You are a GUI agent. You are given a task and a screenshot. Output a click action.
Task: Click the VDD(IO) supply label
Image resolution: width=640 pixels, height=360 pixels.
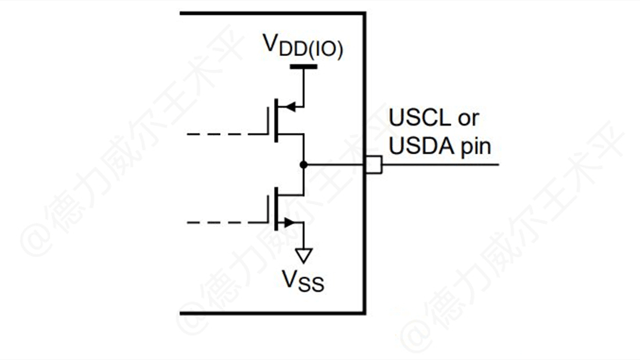(303, 48)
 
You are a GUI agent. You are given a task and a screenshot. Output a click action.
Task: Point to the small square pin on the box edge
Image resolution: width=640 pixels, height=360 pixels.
(373, 164)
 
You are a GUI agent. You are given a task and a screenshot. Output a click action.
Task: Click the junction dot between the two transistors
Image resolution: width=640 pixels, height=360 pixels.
(303, 164)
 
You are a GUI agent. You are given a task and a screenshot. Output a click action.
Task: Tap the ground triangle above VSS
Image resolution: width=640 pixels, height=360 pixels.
(303, 255)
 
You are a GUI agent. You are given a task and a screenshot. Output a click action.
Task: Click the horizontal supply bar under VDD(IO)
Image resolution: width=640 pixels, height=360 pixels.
(303, 68)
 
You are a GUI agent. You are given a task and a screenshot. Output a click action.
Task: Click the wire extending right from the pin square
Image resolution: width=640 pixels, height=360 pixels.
(439, 164)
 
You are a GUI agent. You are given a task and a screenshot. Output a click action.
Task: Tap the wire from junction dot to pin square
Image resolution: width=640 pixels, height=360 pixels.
(337, 164)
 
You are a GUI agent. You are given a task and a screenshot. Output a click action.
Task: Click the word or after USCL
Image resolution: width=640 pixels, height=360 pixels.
(468, 119)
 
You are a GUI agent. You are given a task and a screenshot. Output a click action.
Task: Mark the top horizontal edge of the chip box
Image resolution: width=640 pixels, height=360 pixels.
(272, 13)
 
